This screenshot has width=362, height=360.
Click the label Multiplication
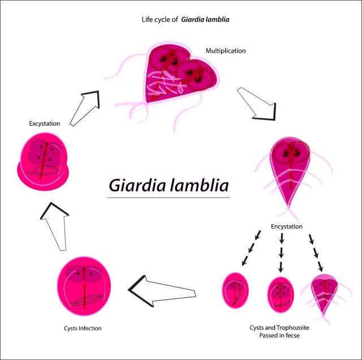226,50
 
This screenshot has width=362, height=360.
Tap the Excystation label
45,123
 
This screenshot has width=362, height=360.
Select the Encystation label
287,226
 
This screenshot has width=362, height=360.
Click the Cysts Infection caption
83,328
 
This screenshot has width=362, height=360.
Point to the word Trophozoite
293,327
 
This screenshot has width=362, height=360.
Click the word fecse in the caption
292,335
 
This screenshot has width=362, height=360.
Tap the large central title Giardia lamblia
169,185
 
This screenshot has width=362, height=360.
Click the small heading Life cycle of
160,19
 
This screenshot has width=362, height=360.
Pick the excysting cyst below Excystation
43,161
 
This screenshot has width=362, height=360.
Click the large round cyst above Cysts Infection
84,286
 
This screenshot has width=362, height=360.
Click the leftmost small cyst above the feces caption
235,290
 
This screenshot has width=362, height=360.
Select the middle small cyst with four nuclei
281,294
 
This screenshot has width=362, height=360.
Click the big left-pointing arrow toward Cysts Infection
162,291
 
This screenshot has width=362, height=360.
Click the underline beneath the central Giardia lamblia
169,198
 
